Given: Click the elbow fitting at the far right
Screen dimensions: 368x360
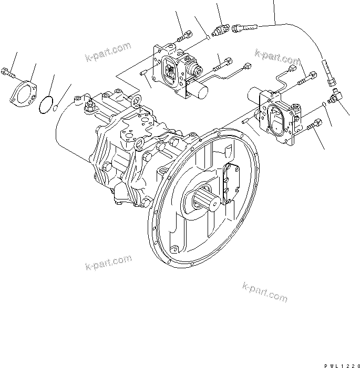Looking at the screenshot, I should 334,98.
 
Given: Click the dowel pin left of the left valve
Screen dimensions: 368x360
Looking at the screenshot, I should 145,72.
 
